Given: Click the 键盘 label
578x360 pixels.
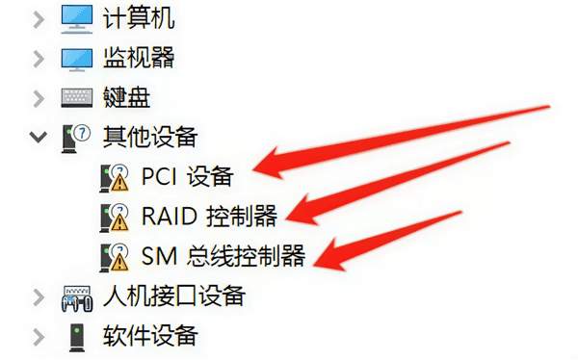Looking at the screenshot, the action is click(x=123, y=97).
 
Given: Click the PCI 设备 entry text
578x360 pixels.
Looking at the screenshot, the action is click(x=187, y=177).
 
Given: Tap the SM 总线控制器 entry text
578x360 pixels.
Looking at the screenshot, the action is click(x=223, y=255).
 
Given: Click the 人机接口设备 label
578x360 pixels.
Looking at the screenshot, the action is click(x=173, y=295).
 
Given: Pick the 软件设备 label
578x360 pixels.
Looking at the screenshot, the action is click(x=149, y=335).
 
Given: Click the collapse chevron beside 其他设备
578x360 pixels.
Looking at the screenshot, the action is click(x=38, y=138).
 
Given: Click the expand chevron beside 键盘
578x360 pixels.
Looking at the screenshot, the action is click(x=38, y=97).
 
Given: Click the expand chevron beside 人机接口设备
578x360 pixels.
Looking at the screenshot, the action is click(x=38, y=295).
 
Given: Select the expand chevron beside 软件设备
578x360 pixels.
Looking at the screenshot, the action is click(x=38, y=335).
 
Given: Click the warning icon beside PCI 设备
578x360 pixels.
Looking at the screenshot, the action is click(x=115, y=177).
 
